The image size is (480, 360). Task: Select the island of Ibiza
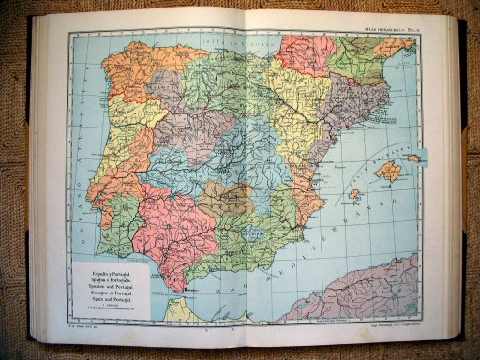pos(354,194)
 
